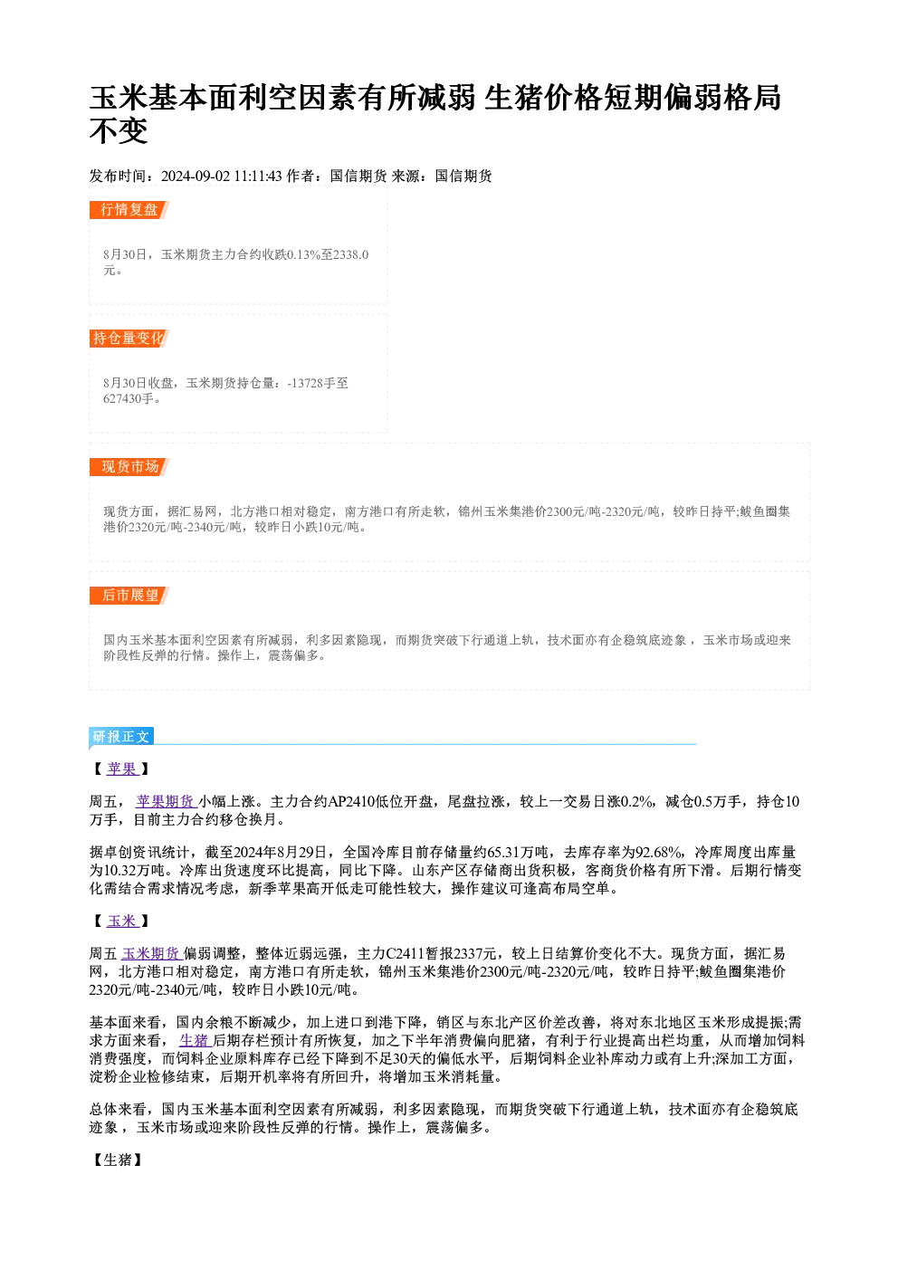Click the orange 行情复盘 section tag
(x=129, y=210)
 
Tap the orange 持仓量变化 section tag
(x=129, y=339)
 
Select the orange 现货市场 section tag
(x=129, y=466)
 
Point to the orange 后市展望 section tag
(x=129, y=596)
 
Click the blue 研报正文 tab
(x=121, y=737)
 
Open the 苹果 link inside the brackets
(x=122, y=769)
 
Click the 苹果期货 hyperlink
(x=166, y=801)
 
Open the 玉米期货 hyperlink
(x=152, y=954)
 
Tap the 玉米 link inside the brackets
(x=122, y=921)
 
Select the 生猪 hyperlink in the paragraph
(x=196, y=1040)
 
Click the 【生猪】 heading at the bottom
(x=118, y=1160)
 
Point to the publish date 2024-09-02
(x=196, y=177)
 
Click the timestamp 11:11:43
(x=258, y=177)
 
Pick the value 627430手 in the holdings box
(x=129, y=398)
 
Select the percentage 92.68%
(x=658, y=852)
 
